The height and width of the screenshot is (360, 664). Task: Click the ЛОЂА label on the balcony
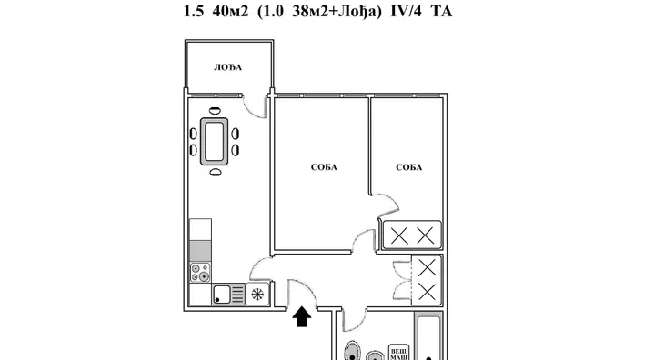(x=227, y=67)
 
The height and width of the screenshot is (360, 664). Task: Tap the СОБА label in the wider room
(x=324, y=167)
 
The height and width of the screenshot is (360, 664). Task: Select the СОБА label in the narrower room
(x=409, y=167)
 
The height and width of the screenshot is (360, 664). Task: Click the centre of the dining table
(x=215, y=141)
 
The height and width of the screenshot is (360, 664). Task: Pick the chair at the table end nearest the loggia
(x=216, y=111)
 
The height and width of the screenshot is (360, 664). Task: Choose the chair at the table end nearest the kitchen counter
(x=216, y=172)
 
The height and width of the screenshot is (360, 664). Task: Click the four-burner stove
(x=200, y=273)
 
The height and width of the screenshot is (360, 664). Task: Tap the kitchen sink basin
(x=222, y=295)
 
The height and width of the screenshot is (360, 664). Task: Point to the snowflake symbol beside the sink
(x=257, y=294)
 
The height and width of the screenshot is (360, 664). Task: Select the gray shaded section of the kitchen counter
(x=200, y=251)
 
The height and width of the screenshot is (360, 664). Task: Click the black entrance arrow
(x=302, y=317)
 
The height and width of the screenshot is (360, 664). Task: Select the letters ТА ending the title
(x=442, y=12)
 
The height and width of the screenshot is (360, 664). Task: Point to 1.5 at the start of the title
(x=194, y=12)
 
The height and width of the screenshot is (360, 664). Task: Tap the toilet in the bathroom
(x=352, y=351)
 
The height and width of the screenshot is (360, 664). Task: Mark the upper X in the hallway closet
(x=427, y=268)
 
